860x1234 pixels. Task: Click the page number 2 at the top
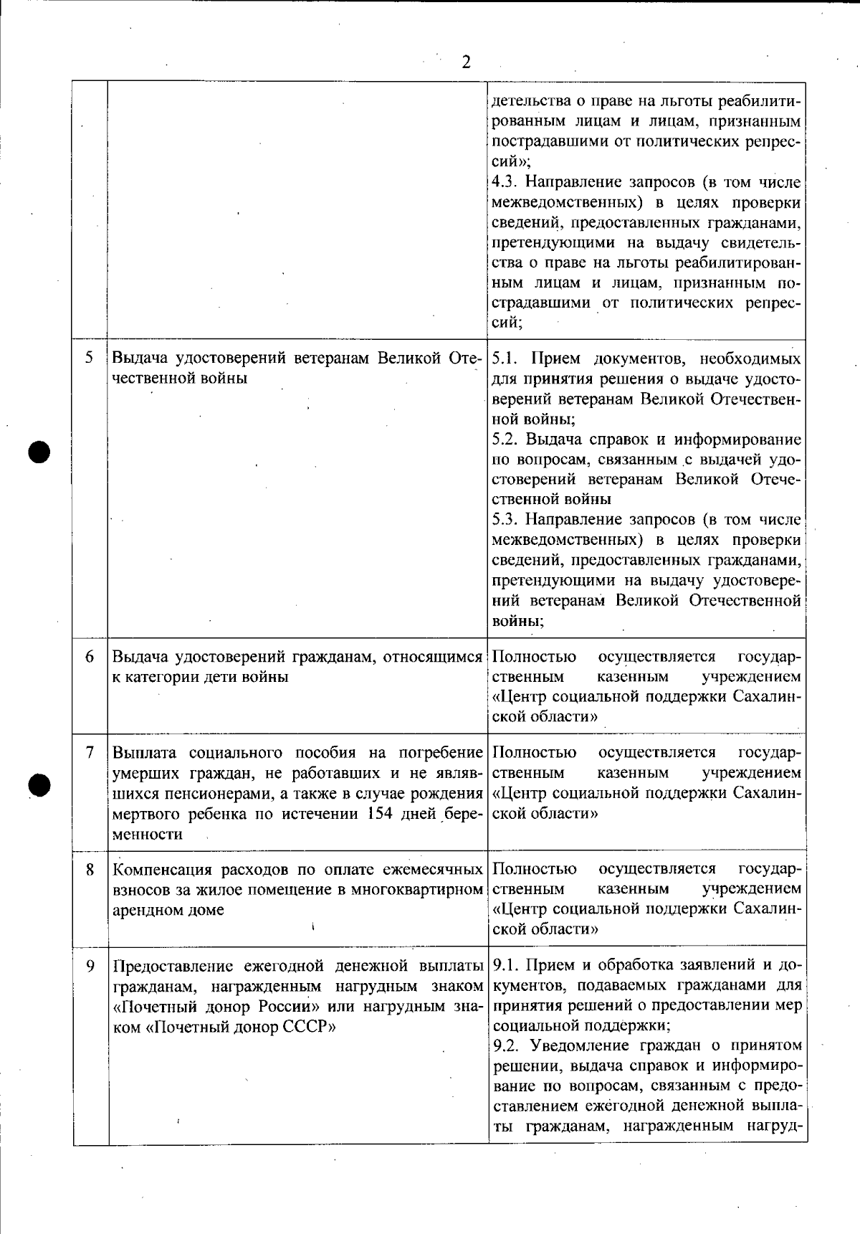466,62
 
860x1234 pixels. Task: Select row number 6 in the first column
90,657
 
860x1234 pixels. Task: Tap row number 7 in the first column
90,753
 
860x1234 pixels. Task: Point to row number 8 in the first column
90,870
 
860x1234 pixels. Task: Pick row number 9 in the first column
90,966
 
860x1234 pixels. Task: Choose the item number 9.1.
507,966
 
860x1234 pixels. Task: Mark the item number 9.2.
507,1046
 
